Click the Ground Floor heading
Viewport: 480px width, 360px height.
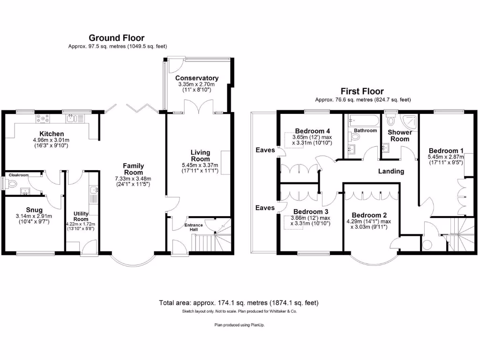[x=116, y=38]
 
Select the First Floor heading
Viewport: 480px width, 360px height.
[x=362, y=91]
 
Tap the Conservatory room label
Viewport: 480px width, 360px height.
[x=197, y=78]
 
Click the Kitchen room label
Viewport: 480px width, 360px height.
[x=51, y=134]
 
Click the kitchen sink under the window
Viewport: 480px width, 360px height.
[x=73, y=118]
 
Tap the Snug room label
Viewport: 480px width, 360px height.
[x=34, y=210]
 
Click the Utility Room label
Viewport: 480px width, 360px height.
[x=81, y=216]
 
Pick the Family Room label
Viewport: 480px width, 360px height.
[x=133, y=169]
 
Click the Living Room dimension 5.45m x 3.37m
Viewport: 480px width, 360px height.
[x=200, y=165]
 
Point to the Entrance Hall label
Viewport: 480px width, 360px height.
[x=194, y=227]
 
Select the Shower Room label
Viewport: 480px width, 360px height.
[x=399, y=135]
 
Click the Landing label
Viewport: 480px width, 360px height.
[x=391, y=171]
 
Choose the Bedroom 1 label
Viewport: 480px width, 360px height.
[x=446, y=150]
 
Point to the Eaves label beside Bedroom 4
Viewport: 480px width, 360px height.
[x=265, y=150]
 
